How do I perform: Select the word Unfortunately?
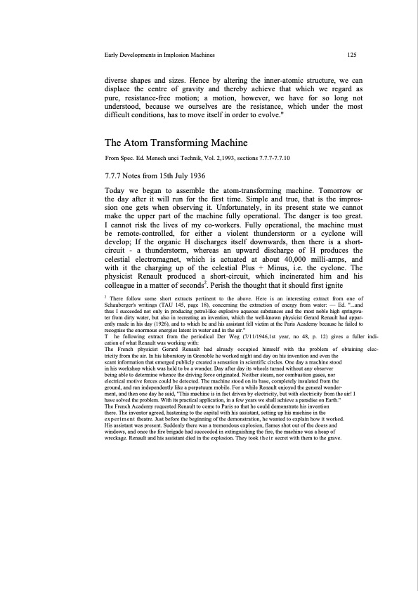tap(245, 209)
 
